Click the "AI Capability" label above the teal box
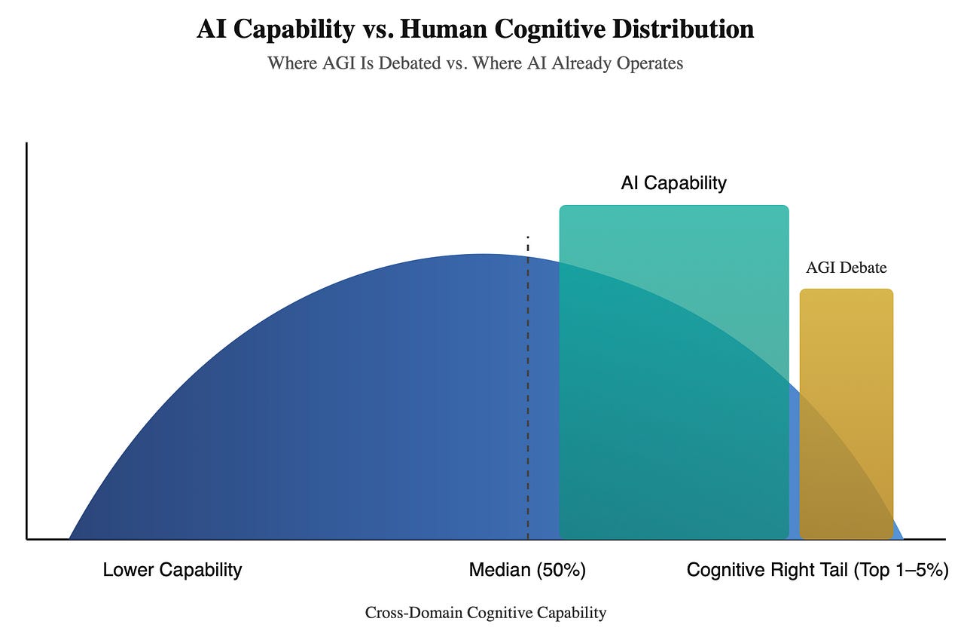click(673, 183)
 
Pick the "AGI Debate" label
click(846, 268)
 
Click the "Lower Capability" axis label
click(172, 570)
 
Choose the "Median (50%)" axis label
click(527, 570)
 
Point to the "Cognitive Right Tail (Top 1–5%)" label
click(817, 570)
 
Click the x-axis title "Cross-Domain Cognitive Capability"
click(486, 613)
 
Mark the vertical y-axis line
click(27, 339)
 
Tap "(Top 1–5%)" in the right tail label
click(900, 570)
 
